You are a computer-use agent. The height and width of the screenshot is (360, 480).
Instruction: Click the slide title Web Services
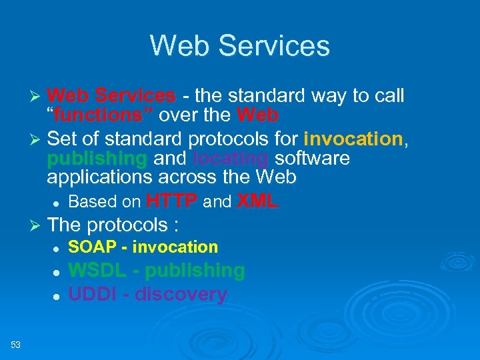click(x=239, y=46)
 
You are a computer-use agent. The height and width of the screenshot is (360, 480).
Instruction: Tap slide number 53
click(x=16, y=345)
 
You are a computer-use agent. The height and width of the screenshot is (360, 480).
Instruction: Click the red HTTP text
click(x=172, y=201)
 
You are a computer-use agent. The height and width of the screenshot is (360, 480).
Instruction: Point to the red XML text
click(x=257, y=201)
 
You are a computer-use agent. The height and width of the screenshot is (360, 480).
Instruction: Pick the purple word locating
click(x=231, y=159)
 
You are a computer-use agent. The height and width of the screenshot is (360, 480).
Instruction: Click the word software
click(x=312, y=159)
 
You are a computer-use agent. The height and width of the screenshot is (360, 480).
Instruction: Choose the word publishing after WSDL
click(x=195, y=271)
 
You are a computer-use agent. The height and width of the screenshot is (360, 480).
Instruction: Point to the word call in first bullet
click(x=390, y=96)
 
